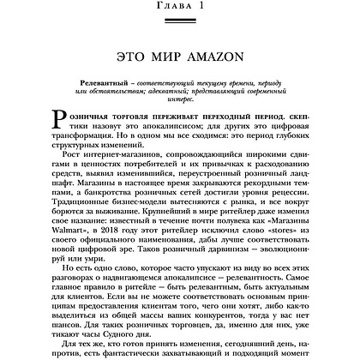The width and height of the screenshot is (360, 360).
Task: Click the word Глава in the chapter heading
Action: [167, 7]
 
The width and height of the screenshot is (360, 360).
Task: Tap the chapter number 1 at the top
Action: [206, 7]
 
